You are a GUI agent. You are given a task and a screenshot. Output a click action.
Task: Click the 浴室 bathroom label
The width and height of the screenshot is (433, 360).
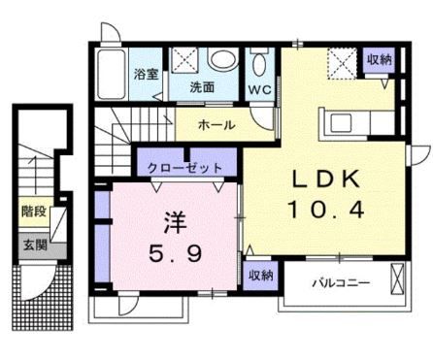[146, 75]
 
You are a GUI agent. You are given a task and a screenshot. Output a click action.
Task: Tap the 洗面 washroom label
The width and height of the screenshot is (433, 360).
[202, 86]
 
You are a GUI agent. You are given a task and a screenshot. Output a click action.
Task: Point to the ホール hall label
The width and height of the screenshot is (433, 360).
[215, 124]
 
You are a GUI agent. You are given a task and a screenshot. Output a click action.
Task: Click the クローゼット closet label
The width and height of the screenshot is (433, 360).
[184, 168]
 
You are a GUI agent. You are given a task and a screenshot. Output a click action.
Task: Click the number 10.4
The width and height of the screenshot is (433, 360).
[325, 207]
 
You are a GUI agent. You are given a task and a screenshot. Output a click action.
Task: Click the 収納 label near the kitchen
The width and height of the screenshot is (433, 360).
[380, 59]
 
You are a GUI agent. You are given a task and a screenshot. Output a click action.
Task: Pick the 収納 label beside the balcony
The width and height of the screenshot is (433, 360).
[259, 275]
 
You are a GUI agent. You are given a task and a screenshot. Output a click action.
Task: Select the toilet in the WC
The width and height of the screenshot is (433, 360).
[259, 64]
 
